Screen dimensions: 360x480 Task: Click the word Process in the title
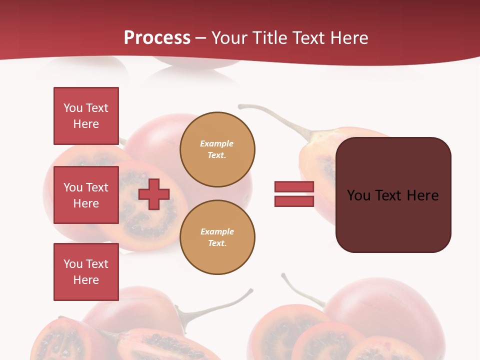pyautogui.click(x=157, y=38)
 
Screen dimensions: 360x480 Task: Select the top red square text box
pyautogui.click(x=86, y=116)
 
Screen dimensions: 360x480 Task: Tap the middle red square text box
pyautogui.click(x=86, y=195)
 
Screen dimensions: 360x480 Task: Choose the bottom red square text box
pyautogui.click(x=86, y=272)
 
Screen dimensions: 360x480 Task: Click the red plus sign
pyautogui.click(x=154, y=194)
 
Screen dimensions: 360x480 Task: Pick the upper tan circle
pyautogui.click(x=217, y=149)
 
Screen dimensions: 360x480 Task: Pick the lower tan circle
pyautogui.click(x=217, y=237)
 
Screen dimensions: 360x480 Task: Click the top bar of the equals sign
pyautogui.click(x=294, y=186)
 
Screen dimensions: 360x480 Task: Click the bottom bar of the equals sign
pyautogui.click(x=294, y=201)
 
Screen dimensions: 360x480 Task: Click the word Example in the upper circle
pyautogui.click(x=217, y=143)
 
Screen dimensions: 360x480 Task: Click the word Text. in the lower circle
pyautogui.click(x=217, y=243)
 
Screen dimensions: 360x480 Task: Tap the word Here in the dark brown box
pyautogui.click(x=422, y=195)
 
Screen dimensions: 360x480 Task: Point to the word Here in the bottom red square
pyautogui.click(x=86, y=280)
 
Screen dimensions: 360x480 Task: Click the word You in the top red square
pyautogui.click(x=73, y=108)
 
